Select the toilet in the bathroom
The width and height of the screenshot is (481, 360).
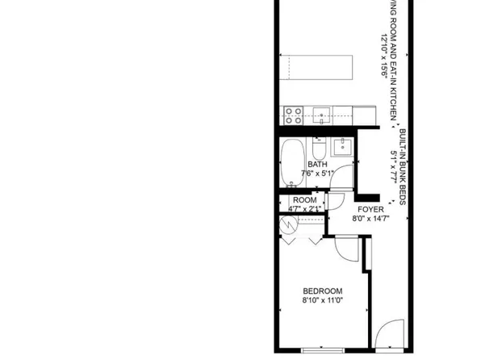point(318,149)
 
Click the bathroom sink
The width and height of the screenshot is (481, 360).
point(342,146)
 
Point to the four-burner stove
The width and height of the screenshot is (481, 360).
point(291,115)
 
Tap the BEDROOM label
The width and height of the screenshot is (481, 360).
point(323,291)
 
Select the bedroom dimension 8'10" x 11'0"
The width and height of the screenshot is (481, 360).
point(323,302)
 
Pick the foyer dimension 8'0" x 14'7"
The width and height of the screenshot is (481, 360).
point(370,218)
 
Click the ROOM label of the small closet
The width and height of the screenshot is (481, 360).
point(304,200)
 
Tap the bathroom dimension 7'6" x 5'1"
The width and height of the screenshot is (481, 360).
point(316,173)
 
